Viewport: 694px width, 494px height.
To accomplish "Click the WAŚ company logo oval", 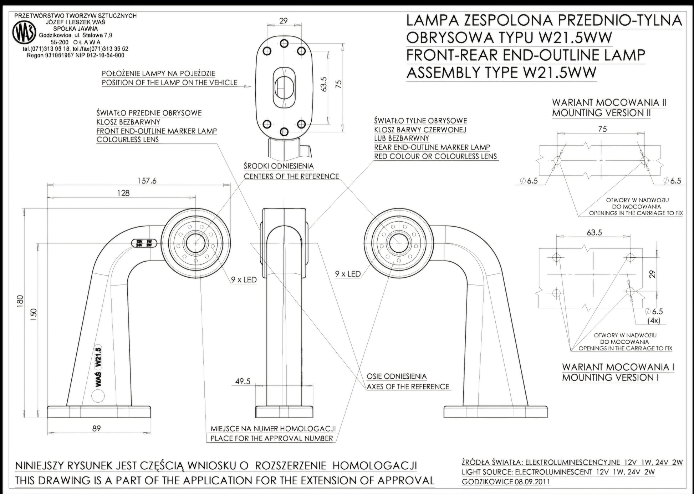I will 24,33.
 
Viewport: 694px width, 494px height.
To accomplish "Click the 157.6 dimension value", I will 147,181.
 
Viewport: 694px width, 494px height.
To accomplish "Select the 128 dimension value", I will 123,193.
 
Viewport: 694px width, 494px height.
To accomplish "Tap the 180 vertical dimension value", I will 20,301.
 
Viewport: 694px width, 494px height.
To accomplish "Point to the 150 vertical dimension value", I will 34,313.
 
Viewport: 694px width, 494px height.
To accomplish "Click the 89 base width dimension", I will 97,428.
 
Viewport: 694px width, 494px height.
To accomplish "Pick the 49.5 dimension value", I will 243,382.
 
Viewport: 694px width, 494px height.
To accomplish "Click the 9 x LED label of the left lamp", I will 244,280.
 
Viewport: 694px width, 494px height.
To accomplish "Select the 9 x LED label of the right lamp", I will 348,274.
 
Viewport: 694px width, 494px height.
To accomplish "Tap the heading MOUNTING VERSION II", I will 601,113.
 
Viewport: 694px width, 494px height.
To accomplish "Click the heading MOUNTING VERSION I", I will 610,377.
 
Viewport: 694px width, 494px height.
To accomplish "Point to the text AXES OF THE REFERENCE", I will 408,387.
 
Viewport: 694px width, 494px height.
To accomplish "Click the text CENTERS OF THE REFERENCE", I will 291,176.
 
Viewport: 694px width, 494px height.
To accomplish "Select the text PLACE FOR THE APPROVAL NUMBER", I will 272,438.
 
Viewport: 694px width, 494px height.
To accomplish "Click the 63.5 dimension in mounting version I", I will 595,233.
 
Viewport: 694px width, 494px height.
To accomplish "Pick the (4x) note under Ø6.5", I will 654,321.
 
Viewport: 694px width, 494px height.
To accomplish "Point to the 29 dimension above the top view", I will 284,21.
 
